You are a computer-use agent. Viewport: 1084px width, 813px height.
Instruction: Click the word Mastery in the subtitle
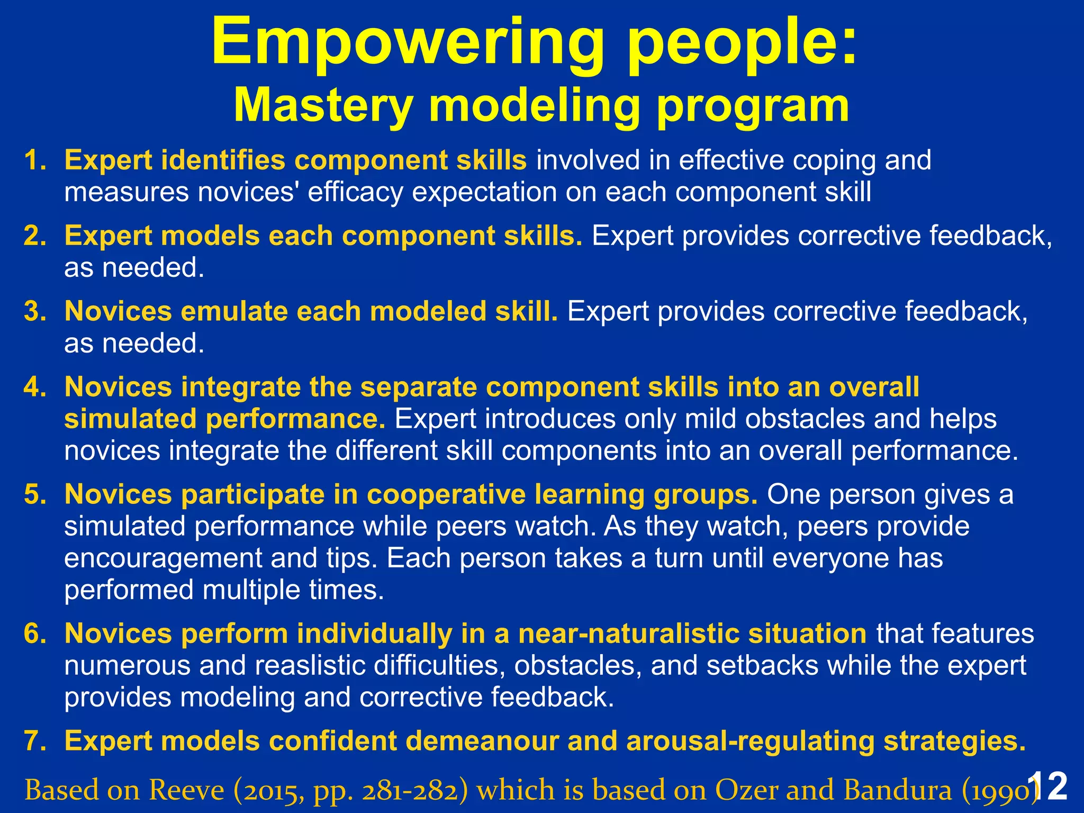click(323, 106)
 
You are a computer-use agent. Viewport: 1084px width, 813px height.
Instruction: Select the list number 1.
click(34, 160)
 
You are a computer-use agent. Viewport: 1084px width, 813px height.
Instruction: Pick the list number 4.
click(34, 387)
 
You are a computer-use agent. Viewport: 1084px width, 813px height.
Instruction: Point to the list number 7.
click(34, 741)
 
